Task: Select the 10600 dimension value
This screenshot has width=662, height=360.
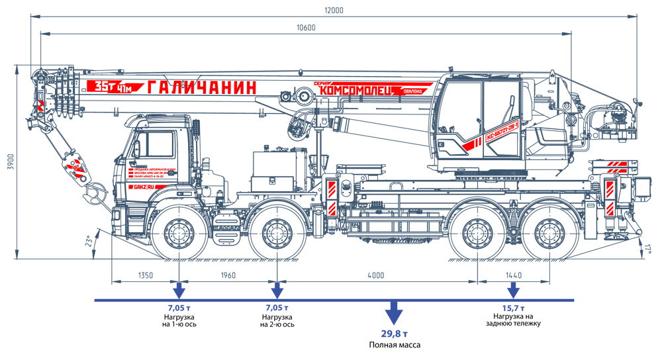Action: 307,28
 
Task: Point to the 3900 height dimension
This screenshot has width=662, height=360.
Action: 11,163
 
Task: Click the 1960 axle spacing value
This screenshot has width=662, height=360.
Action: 227,275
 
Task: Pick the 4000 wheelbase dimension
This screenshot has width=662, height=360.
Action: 375,275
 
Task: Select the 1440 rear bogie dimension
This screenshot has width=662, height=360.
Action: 513,275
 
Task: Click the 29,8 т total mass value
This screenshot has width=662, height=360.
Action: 395,332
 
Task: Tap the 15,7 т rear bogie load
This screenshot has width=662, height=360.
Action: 513,308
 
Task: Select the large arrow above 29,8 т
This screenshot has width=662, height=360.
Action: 395,312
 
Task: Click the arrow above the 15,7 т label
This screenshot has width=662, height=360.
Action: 512,291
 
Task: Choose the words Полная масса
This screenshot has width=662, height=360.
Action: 395,345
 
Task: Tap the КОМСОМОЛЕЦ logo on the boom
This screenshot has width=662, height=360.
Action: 356,89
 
